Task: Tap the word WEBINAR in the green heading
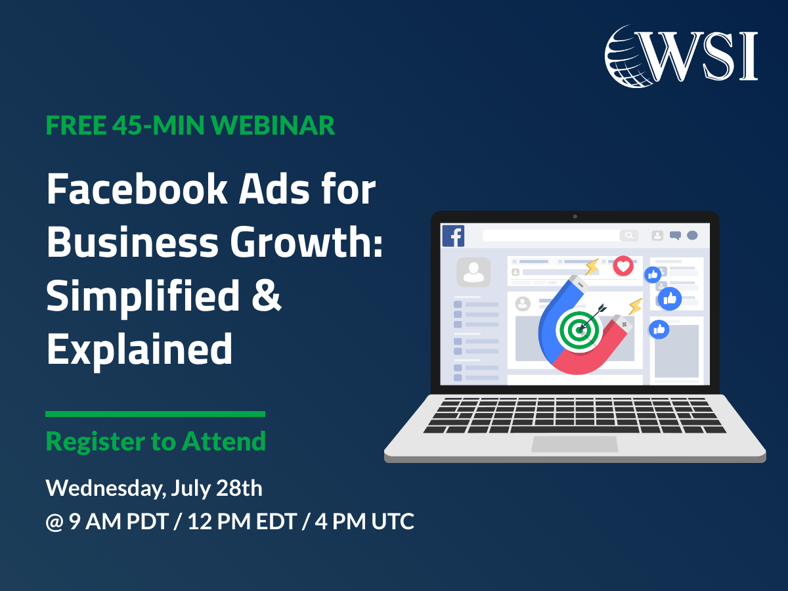coord(273,125)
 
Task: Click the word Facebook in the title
coord(137,188)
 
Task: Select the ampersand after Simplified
coord(267,295)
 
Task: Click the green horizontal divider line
coord(155,414)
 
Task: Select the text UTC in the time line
coord(393,521)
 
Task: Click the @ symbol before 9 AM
coord(55,522)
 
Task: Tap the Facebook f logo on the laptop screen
coord(453,236)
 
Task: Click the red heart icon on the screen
coord(623,266)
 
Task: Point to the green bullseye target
coord(579,330)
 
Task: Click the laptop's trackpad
coord(575,445)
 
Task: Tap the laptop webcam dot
coord(575,217)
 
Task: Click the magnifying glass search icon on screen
coord(628,235)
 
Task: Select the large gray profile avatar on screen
coord(473,272)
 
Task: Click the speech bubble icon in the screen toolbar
coord(675,235)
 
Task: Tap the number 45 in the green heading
coord(126,125)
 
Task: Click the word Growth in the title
coord(301,243)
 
